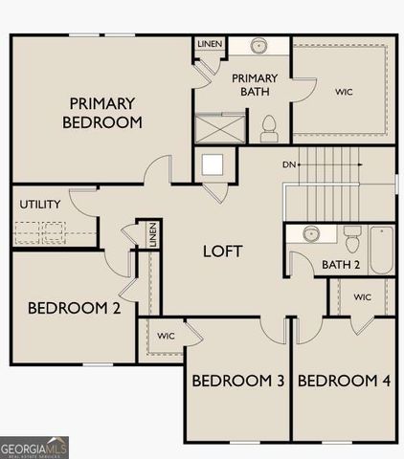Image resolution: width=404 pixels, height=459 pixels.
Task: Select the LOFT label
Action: pyautogui.click(x=222, y=251)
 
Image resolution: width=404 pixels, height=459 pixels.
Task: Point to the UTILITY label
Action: pyautogui.click(x=40, y=205)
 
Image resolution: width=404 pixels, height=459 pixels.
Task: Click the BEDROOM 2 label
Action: pyautogui.click(x=74, y=308)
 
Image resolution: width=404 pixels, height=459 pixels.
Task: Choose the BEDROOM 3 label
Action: pyautogui.click(x=238, y=381)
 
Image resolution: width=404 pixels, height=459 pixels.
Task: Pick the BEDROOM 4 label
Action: pyautogui.click(x=344, y=381)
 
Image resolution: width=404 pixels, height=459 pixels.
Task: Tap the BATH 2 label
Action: pyautogui.click(x=340, y=265)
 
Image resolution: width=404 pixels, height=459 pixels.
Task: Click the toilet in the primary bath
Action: pyautogui.click(x=268, y=125)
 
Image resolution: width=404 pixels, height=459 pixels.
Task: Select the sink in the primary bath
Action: pyautogui.click(x=259, y=46)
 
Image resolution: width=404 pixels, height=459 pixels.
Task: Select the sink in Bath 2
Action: pyautogui.click(x=310, y=234)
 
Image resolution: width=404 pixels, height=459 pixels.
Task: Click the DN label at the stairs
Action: pyautogui.click(x=288, y=164)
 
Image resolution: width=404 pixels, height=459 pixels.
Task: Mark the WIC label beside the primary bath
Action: pyautogui.click(x=344, y=93)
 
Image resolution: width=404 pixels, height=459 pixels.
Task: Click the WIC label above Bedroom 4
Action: pyautogui.click(x=362, y=297)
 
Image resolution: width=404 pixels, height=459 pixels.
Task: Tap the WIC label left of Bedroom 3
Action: pyautogui.click(x=166, y=336)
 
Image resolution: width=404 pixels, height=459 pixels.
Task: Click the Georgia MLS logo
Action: pyautogui.click(x=34, y=447)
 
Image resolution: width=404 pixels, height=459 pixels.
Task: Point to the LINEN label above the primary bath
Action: pyautogui.click(x=210, y=45)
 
